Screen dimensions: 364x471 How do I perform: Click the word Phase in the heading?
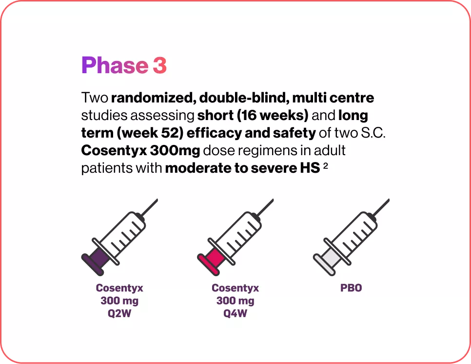[x=114, y=66]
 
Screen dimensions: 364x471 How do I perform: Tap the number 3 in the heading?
[x=159, y=66]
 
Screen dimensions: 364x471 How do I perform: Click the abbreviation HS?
[x=308, y=168]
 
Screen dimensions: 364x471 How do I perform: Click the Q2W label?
[x=119, y=313]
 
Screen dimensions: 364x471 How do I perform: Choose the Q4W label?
[x=235, y=313]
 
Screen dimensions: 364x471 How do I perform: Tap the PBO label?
[x=351, y=288]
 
